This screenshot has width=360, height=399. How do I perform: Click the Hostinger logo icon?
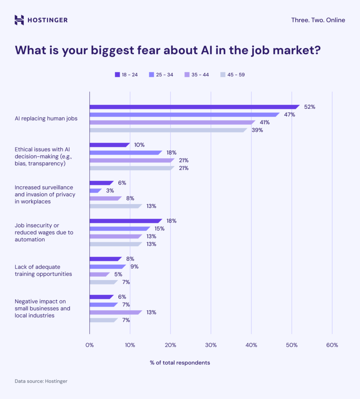19,20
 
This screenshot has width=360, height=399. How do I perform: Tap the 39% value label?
257,130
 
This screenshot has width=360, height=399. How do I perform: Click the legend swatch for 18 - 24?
117,74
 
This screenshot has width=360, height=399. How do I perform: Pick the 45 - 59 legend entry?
233,74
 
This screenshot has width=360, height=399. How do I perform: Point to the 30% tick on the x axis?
211,345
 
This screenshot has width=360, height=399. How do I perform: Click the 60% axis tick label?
332,345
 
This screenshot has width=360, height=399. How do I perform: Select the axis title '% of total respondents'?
180,363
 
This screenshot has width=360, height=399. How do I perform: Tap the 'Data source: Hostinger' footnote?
41,381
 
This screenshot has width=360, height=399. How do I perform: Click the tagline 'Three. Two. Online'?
318,20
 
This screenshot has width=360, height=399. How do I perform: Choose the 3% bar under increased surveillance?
95,191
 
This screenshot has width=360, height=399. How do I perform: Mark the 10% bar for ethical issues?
109,145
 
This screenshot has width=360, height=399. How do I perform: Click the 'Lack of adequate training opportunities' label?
43,270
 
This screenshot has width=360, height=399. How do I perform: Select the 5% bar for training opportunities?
99,274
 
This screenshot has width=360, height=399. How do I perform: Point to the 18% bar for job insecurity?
125,221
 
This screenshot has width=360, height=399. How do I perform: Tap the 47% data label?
289,115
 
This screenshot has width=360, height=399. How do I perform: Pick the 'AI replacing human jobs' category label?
46,118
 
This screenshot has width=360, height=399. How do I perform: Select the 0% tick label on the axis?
90,345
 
